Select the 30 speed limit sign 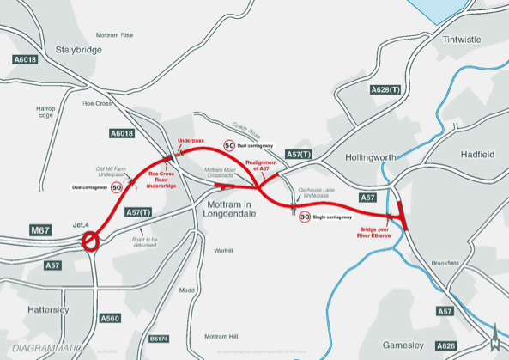coord(305,217)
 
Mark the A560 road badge coord(110,318)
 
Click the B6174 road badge coord(160,339)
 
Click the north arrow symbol coord(494,340)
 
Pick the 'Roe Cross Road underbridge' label coord(162,180)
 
